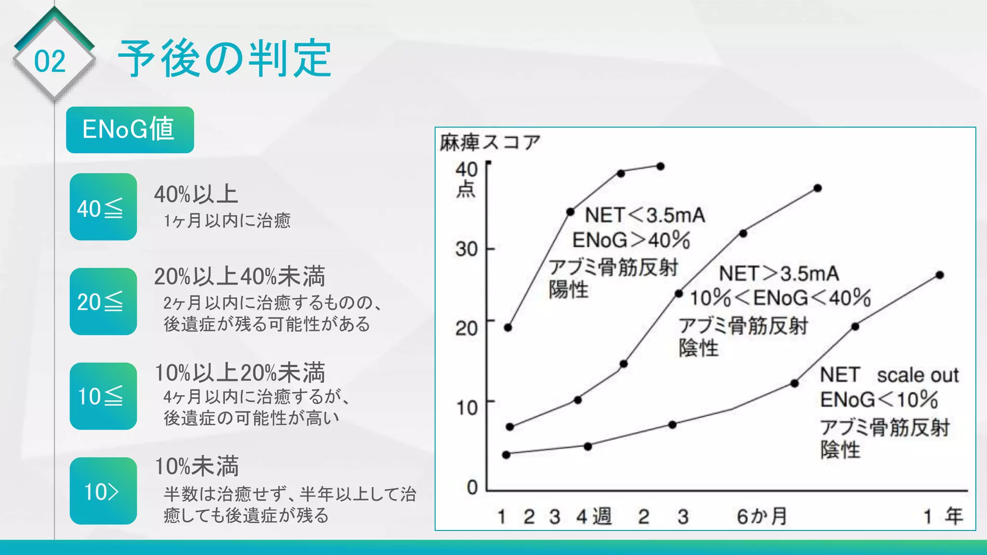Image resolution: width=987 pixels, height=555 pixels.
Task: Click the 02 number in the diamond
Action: [x=50, y=61]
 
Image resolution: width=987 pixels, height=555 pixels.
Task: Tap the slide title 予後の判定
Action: [x=225, y=59]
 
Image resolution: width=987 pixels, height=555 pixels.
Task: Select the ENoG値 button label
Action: [x=129, y=129]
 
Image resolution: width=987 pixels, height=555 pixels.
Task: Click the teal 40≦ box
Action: [x=103, y=207]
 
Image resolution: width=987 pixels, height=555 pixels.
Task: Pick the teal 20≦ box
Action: [x=103, y=301]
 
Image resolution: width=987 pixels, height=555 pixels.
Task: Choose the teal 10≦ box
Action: [x=103, y=396]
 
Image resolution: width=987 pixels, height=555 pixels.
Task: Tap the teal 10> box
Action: [x=103, y=491]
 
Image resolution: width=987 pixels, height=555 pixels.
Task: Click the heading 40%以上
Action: [x=196, y=195]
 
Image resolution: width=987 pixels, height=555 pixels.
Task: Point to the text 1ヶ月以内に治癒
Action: [x=227, y=221]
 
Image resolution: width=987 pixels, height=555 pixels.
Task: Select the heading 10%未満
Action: [x=197, y=466]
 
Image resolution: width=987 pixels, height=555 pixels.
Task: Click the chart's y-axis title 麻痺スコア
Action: [x=490, y=143]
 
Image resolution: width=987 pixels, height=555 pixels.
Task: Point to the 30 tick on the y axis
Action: [x=466, y=249]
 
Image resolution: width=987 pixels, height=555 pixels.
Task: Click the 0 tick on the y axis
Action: [x=472, y=487]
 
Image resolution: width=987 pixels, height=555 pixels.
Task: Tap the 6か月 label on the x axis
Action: [x=761, y=516]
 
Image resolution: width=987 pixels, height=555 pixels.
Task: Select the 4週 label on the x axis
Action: [x=594, y=516]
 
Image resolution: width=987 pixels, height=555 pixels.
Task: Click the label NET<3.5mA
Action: [x=645, y=215]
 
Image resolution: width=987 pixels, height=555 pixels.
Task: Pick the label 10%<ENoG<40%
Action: [x=780, y=298]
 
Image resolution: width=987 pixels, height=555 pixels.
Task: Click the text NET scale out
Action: [x=889, y=375]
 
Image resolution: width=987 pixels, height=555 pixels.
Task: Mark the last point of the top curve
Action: [x=661, y=166]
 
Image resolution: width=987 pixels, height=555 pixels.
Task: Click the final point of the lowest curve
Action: [x=940, y=275]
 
